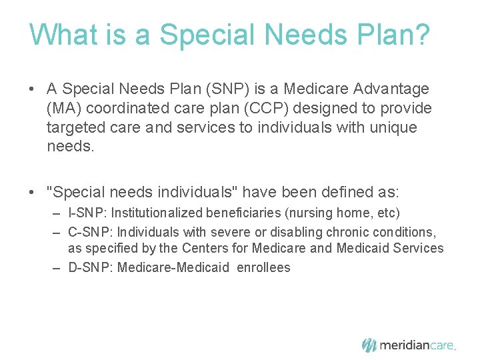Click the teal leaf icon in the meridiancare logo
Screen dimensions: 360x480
(369, 345)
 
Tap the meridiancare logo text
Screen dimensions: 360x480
(417, 345)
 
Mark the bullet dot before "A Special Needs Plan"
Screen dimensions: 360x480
(33, 89)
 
